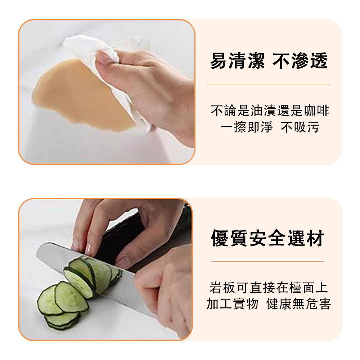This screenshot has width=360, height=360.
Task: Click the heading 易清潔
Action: pyautogui.click(x=237, y=61)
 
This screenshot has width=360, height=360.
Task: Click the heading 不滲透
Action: pyautogui.click(x=300, y=61)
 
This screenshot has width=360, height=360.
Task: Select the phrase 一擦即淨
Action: pyautogui.click(x=247, y=127)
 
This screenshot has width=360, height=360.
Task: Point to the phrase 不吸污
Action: pyautogui.click(x=300, y=127)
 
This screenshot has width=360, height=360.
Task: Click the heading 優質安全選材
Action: pyautogui.click(x=267, y=238)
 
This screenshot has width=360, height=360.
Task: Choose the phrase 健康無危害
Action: pyautogui.click(x=298, y=304)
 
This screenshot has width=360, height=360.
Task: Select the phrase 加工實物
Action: pyautogui.click(x=232, y=304)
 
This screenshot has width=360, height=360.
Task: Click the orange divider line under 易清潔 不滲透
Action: pyautogui.click(x=269, y=85)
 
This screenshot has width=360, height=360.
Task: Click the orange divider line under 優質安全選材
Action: pyautogui.click(x=267, y=261)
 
